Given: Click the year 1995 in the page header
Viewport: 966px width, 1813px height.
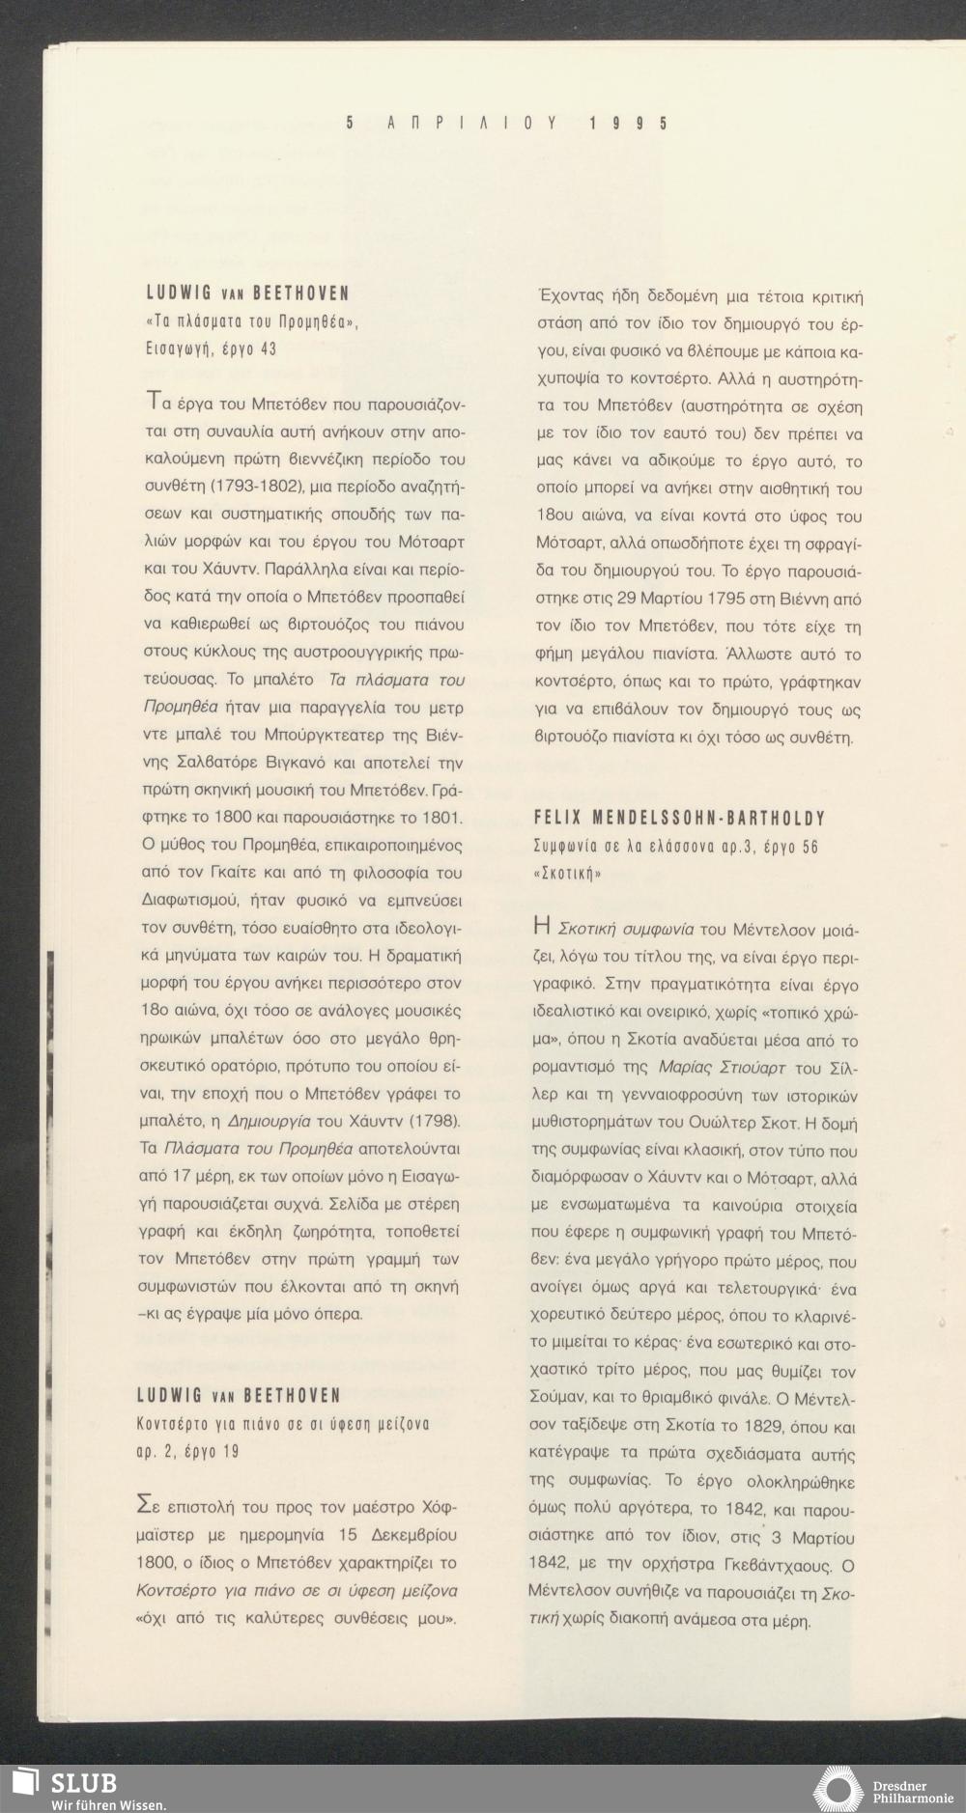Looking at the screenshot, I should (627, 124).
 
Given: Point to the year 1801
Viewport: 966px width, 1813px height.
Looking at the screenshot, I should (440, 819).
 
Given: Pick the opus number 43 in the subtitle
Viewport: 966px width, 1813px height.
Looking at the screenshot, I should (267, 349).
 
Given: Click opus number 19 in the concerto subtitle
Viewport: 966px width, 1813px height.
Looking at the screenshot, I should (227, 1451).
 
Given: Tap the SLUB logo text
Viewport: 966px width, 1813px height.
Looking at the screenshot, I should (84, 1782).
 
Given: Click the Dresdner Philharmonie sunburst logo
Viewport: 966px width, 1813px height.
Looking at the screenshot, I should (839, 1788).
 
